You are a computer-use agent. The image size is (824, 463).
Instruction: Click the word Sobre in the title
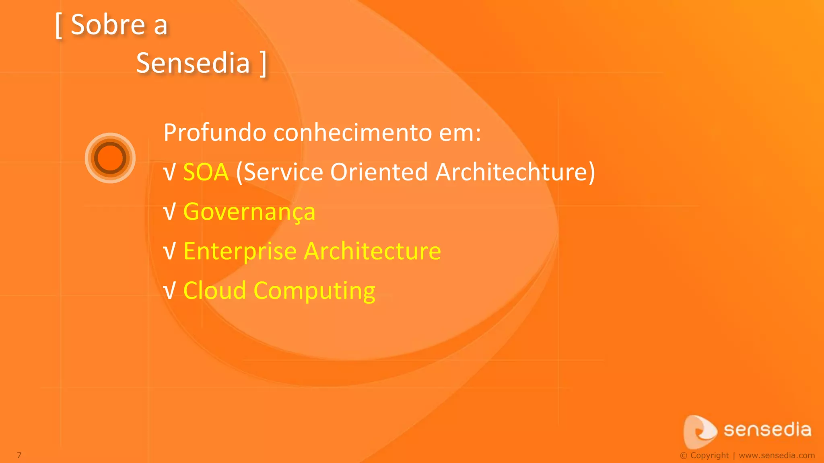[107, 25]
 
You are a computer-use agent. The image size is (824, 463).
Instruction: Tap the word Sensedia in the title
[193, 63]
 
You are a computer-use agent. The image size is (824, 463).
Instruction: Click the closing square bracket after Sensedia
[263, 64]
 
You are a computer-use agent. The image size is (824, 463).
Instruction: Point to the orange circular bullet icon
[110, 158]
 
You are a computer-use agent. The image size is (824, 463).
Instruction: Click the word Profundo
[215, 133]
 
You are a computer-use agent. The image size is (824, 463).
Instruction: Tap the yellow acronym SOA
[206, 172]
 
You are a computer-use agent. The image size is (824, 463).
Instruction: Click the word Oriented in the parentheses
[379, 172]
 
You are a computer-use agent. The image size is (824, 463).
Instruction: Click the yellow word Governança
[249, 212]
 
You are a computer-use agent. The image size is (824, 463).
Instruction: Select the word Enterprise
[240, 252]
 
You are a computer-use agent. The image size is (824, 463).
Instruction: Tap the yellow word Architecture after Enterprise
[373, 251]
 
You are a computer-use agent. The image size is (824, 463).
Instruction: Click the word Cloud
[214, 290]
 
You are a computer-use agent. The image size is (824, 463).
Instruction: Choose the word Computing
[314, 291]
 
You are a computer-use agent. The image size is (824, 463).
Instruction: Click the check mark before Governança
[170, 212]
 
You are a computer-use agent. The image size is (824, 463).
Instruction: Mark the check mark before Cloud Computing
[170, 291]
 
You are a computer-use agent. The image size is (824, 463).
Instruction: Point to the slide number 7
[19, 455]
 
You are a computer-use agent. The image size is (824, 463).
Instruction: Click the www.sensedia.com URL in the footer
[777, 455]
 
